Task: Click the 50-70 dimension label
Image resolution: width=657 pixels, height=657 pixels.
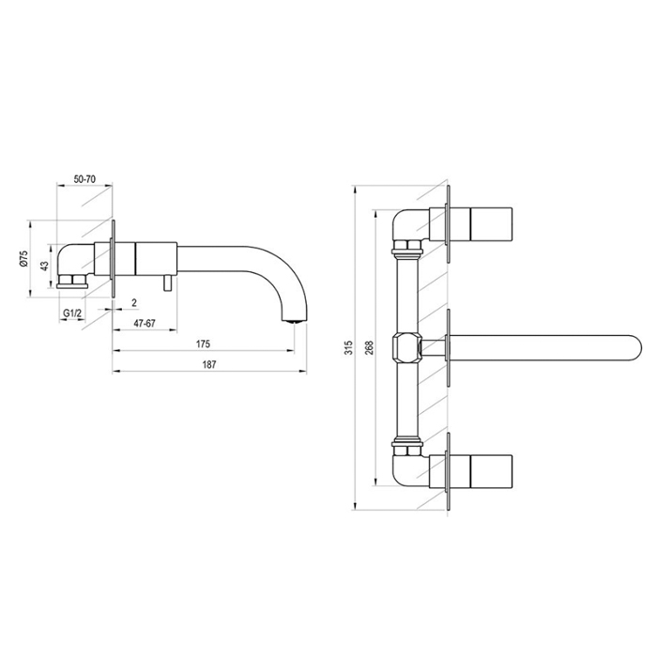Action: coord(84,179)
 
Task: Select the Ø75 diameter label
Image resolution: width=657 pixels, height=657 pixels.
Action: coord(23,258)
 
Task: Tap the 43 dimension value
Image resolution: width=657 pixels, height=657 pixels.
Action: coord(44,266)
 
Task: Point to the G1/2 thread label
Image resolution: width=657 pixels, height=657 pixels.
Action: coord(71,313)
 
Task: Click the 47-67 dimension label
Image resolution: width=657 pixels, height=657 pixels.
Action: coord(145,324)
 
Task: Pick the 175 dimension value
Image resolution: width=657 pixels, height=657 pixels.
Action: coord(203,344)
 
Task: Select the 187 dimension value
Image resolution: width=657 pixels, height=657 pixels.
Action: coord(209,364)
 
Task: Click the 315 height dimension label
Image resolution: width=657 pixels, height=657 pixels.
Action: coord(348,348)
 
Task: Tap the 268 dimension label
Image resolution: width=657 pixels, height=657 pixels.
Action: coord(369,348)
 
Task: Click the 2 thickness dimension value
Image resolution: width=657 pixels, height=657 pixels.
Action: coord(134,302)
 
